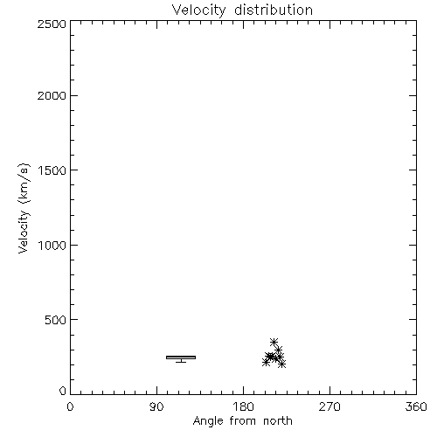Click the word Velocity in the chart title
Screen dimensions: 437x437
click(x=198, y=10)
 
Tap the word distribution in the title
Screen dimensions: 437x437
click(x=274, y=10)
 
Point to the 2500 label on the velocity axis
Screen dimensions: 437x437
click(x=52, y=24)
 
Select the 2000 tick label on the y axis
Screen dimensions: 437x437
click(x=52, y=95)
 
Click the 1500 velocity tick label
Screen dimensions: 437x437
click(x=52, y=170)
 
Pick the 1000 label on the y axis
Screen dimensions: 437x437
click(x=52, y=245)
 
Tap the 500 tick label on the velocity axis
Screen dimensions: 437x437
click(x=56, y=320)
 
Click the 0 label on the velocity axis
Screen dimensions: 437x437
click(x=63, y=391)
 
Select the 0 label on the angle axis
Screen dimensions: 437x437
click(x=70, y=406)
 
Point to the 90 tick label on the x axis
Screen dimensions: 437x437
click(x=156, y=406)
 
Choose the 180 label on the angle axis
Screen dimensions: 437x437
click(x=243, y=406)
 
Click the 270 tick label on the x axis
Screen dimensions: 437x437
click(x=329, y=406)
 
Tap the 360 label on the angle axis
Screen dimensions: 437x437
click(x=416, y=406)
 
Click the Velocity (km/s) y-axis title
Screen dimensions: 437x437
click(x=24, y=208)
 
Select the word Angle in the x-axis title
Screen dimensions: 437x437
click(x=208, y=421)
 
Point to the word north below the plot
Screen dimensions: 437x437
click(x=278, y=421)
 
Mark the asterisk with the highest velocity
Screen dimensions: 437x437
click(x=274, y=342)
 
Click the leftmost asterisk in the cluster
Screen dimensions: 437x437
click(x=266, y=363)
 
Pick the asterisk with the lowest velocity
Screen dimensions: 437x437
click(x=281, y=364)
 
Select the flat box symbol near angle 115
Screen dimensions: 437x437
click(x=181, y=357)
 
